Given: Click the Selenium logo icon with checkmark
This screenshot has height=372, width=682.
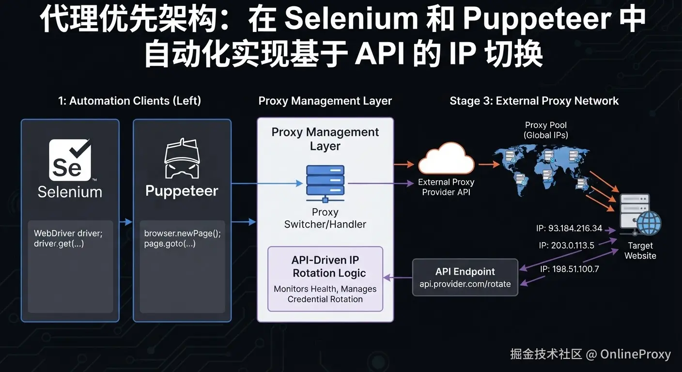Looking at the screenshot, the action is [x=70, y=160].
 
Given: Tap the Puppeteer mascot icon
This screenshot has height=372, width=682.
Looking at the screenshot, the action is [x=182, y=158].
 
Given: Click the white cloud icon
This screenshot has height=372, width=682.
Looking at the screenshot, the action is [x=446, y=158].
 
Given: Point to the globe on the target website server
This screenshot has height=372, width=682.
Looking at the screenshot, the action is [x=649, y=223].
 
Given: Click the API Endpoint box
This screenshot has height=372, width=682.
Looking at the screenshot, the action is [x=465, y=278].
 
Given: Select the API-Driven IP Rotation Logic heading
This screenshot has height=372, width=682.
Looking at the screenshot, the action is [x=325, y=267].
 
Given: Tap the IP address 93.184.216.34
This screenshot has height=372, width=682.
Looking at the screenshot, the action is [x=569, y=228].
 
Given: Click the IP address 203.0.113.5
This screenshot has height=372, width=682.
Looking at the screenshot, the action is [x=566, y=246].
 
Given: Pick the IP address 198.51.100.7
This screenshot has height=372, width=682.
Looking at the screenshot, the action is [x=569, y=269].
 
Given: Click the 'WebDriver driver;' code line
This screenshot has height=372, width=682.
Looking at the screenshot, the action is [x=68, y=233].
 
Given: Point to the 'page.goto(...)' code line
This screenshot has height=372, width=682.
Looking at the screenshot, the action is [x=170, y=244].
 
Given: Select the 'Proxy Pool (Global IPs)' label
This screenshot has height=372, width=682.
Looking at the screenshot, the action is [x=545, y=130].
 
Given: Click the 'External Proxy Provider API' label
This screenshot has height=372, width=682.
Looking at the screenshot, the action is [x=446, y=187].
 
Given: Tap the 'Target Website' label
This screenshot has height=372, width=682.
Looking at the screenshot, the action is [x=640, y=250].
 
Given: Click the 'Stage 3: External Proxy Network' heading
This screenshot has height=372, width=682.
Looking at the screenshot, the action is [x=534, y=101].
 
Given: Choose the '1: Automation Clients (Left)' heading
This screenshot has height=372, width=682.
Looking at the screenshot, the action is [x=129, y=101].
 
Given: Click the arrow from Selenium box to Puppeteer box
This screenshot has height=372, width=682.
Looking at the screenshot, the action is [x=126, y=222].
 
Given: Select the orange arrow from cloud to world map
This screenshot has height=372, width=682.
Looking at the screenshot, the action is [x=489, y=164].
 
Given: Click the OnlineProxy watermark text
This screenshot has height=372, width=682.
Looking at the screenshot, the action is [x=635, y=354].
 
